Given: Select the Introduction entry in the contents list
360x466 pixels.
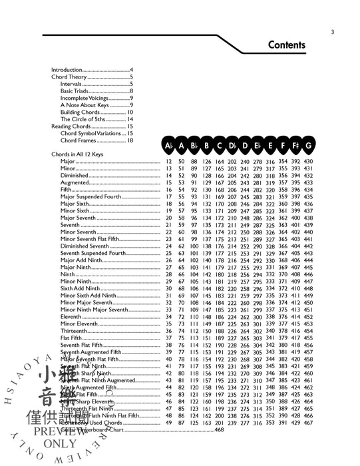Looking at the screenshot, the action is pos(69,70).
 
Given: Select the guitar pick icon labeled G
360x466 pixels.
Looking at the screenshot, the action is pos(308,146).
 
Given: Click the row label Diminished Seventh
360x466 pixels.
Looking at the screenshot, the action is pos(85,246).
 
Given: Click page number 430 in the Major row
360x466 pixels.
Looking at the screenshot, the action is pos(308,162).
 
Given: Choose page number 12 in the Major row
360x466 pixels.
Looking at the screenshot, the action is pos(168,162).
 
